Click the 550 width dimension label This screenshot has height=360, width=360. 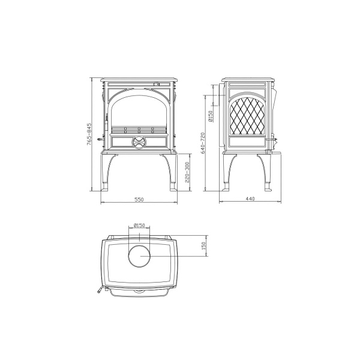139,199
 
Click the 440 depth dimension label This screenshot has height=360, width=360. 250,199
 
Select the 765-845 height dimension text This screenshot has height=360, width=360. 89,134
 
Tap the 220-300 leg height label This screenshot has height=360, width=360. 187,172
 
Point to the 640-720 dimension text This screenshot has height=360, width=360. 203,143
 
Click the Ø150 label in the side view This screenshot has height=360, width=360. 210,116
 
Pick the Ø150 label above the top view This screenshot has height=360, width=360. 139,225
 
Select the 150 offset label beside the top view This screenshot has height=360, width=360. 203,246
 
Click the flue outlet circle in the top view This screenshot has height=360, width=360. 139,256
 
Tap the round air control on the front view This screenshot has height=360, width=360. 139,142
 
